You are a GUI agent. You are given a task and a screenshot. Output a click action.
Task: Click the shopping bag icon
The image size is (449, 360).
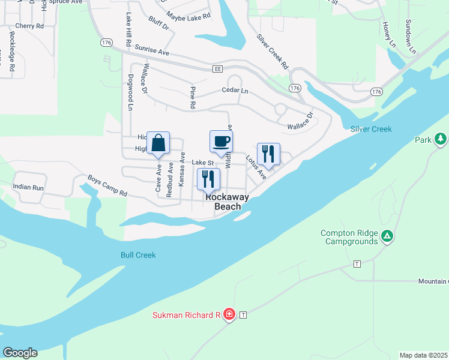158,143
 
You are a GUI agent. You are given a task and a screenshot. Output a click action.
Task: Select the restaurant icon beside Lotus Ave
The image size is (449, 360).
268,154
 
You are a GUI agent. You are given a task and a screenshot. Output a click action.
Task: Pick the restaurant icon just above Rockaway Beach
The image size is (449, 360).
208,179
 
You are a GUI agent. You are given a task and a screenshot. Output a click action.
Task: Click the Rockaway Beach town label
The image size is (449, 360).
228,201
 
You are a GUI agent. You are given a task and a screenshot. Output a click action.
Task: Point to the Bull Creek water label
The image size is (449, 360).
137,255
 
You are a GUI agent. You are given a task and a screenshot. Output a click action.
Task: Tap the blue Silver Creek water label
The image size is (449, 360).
371,129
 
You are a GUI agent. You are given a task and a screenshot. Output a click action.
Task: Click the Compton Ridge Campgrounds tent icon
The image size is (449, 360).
388,237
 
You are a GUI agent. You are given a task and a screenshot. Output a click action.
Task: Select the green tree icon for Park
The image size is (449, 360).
441,140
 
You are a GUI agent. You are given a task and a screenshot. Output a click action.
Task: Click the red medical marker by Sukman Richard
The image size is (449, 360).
228,314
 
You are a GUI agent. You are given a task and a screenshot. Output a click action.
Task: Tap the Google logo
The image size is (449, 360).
20,353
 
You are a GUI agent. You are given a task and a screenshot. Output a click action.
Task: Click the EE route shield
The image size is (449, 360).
217,70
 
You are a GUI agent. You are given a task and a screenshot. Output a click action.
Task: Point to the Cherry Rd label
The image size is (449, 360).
29,26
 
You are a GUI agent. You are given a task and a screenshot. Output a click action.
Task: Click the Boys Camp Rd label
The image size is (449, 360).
107,185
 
